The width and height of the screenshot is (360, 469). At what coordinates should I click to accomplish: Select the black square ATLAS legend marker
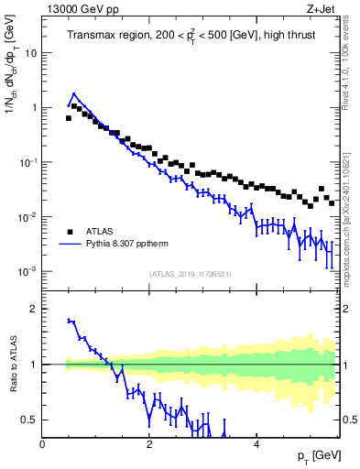point(70,231)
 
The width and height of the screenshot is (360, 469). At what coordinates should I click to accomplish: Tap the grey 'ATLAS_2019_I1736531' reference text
point(191,274)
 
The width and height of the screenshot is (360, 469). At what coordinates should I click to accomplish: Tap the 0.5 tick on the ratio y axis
point(29,420)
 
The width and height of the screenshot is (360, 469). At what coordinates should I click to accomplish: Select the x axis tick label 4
point(256,444)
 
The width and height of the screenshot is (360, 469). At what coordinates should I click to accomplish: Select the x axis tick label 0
point(43,444)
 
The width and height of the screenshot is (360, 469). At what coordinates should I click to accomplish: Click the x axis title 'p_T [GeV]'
point(314,456)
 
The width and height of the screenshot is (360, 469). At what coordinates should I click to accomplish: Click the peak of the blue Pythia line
point(74,93)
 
